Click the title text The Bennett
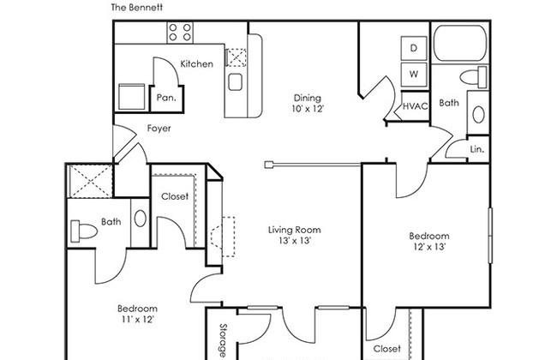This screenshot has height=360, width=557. pyautogui.click(x=137, y=8)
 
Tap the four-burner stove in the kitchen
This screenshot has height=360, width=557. pyautogui.click(x=180, y=32)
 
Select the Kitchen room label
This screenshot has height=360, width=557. pyautogui.click(x=197, y=64)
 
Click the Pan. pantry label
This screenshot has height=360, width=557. pyautogui.click(x=166, y=98)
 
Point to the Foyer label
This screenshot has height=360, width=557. pyautogui.click(x=159, y=129)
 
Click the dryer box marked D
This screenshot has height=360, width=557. pyautogui.click(x=414, y=48)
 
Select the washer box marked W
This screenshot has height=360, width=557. pyautogui.click(x=414, y=75)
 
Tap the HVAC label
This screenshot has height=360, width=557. pyautogui.click(x=415, y=106)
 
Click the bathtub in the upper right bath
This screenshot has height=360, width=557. pyautogui.click(x=460, y=43)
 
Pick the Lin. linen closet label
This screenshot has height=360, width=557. pyautogui.click(x=477, y=150)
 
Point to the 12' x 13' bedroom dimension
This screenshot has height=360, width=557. pyautogui.click(x=429, y=247)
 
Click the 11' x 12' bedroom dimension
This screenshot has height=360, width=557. pyautogui.click(x=137, y=319)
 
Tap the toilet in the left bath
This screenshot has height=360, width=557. pyautogui.click(x=84, y=231)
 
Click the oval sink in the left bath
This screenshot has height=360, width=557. pyautogui.click(x=141, y=219)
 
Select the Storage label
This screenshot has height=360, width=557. pyautogui.click(x=223, y=339)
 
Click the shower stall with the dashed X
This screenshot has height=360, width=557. pyautogui.click(x=90, y=181)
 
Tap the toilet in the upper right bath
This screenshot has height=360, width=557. pyautogui.click(x=473, y=77)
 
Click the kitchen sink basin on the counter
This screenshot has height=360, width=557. pyautogui.click(x=235, y=81)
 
